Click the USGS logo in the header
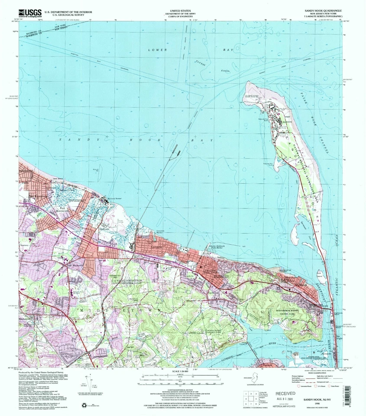point(30,13)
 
